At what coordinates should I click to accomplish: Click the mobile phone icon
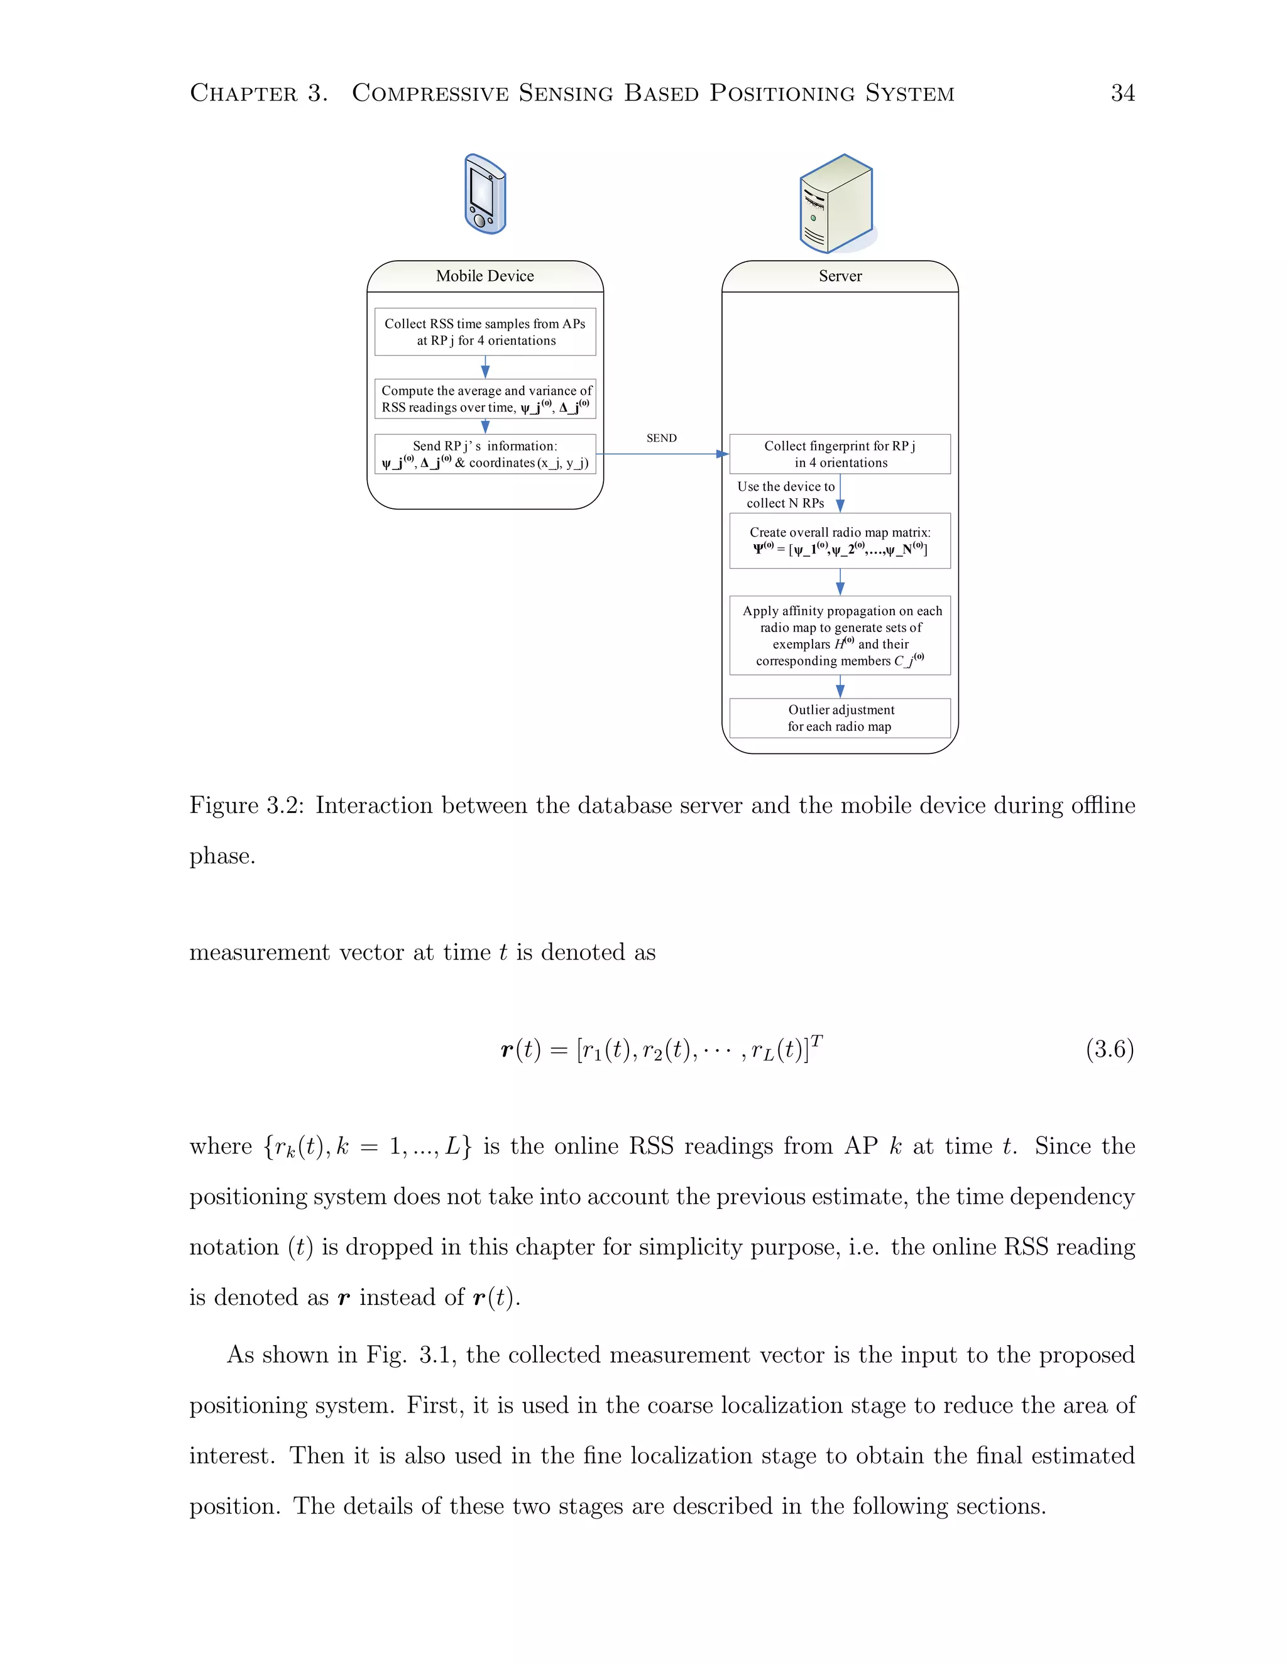point(485,194)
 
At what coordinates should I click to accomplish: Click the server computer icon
point(836,204)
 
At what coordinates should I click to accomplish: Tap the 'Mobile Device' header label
point(485,276)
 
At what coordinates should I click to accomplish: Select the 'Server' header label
point(840,276)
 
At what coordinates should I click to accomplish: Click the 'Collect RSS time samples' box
point(485,332)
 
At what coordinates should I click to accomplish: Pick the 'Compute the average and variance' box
point(485,399)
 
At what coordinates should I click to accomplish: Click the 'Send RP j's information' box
point(485,454)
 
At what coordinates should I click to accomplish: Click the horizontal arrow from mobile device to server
point(662,454)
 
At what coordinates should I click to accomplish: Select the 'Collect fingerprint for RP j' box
point(840,454)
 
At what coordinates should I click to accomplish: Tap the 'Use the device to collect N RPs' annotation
point(786,494)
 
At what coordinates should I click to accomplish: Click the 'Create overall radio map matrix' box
point(840,540)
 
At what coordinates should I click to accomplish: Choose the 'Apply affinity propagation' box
point(840,635)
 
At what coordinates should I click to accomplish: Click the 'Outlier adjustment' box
point(840,718)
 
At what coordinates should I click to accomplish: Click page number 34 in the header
point(1122,93)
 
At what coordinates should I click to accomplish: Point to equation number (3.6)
point(1109,1049)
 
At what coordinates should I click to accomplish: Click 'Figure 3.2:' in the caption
point(247,806)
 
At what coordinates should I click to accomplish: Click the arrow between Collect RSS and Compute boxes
point(485,368)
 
